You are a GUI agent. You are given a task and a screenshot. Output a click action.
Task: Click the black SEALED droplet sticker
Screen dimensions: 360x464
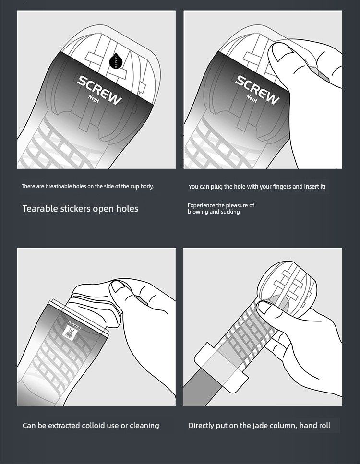tap(115, 61)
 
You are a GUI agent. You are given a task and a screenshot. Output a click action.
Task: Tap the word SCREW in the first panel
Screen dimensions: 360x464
tap(99, 90)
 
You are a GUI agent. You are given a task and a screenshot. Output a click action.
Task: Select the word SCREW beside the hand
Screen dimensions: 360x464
tap(257, 89)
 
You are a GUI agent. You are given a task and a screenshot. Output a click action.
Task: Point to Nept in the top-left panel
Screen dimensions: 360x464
tap(94, 99)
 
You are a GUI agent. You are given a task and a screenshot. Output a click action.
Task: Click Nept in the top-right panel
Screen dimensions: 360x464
tap(252, 98)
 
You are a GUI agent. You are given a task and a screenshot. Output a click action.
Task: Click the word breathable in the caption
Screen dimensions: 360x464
tap(58, 187)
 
